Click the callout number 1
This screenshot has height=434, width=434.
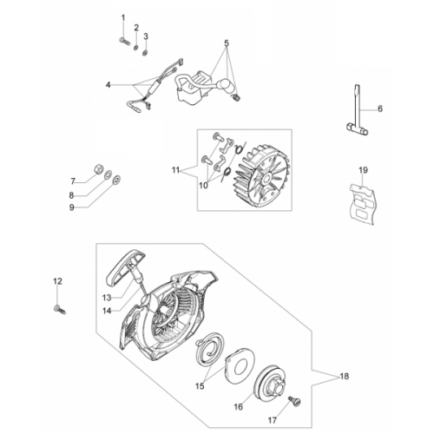[123, 18]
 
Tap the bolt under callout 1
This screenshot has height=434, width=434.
[125, 41]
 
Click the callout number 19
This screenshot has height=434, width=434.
[363, 170]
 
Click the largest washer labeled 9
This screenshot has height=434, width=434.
[117, 180]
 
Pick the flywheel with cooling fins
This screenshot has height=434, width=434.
[261, 176]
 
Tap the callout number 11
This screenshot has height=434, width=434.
[175, 170]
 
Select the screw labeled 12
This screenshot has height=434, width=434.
[60, 310]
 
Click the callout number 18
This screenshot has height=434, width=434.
[345, 377]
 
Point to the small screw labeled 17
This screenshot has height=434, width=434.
[294, 401]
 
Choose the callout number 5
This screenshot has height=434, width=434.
[227, 43]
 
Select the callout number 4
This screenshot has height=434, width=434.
[108, 85]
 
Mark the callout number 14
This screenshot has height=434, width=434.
[107, 311]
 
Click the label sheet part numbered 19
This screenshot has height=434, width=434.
[362, 203]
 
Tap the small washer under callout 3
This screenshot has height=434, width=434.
[145, 53]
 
